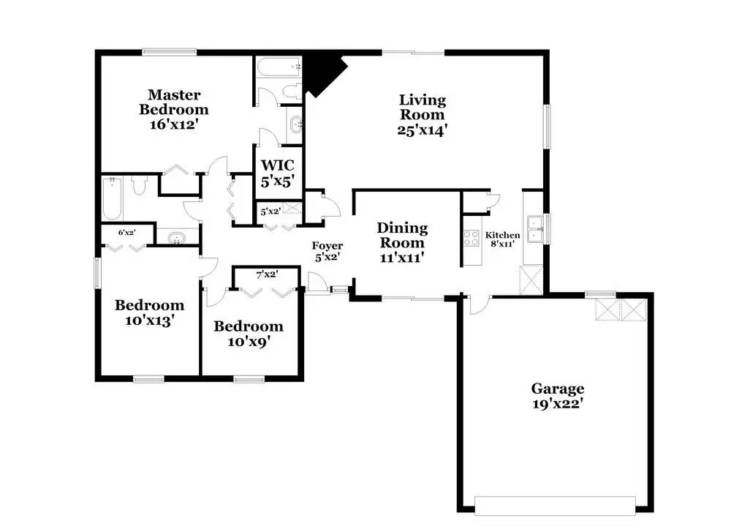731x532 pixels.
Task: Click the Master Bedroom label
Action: tap(174, 109)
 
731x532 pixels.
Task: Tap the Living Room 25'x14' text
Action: tap(423, 115)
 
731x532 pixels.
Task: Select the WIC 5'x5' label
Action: tap(277, 173)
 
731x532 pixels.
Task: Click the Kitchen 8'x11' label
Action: tap(503, 239)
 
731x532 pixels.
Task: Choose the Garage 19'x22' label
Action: tap(558, 396)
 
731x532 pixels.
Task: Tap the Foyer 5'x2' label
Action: tap(327, 251)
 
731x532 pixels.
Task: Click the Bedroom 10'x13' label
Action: tap(149, 312)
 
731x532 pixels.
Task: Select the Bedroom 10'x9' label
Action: tap(249, 334)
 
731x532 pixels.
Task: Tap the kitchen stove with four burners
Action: tap(471, 238)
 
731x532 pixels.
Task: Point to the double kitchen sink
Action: tap(535, 228)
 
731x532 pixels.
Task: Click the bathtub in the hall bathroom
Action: tap(112, 198)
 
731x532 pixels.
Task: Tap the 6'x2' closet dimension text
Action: tap(126, 233)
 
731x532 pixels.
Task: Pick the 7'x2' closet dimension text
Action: tap(267, 274)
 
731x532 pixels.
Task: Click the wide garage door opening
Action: tap(555, 506)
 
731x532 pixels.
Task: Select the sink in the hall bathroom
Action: tap(177, 238)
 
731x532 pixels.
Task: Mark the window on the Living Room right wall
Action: tap(548, 127)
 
